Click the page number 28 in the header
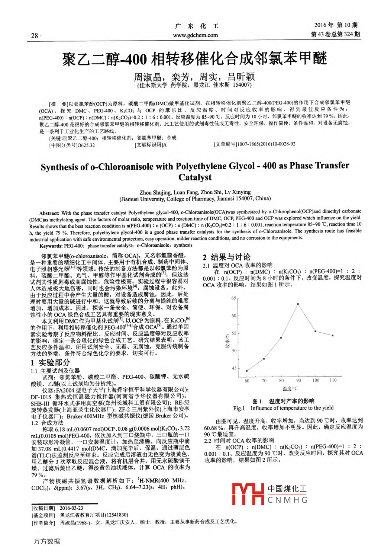35,36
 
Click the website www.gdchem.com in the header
195,35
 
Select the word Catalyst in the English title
195,177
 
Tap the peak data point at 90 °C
298,304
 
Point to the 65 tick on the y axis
234,298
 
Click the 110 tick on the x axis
333,380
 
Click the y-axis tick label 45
234,368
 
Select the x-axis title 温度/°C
290,389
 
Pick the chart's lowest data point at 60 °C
247,371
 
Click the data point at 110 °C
333,335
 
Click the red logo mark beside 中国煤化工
248,494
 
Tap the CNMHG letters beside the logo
287,500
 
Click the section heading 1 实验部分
50,362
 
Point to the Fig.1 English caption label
239,408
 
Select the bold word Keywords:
51,246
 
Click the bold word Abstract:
49,213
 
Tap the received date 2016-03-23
71,508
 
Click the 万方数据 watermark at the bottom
47,541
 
